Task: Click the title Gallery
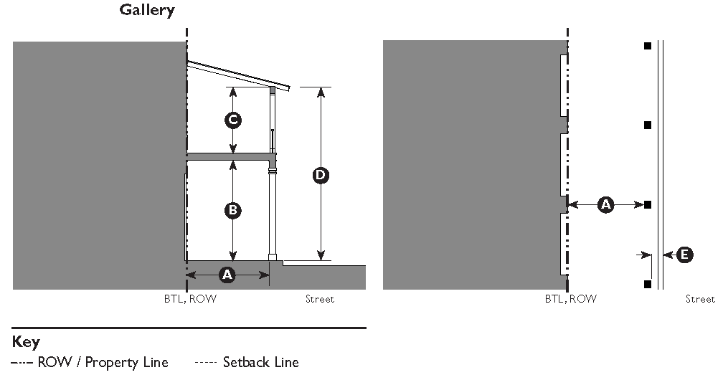[x=146, y=11]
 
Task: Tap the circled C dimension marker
[x=232, y=120]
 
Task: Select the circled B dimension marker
[x=232, y=210]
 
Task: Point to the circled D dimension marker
[x=321, y=174]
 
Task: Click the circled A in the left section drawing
[x=227, y=275]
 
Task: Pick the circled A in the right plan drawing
[x=606, y=205]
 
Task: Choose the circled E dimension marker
[x=685, y=255]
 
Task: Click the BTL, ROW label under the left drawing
[x=190, y=299]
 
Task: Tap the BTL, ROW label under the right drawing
[x=570, y=299]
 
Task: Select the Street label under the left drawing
[x=319, y=299]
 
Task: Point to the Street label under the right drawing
[x=700, y=299]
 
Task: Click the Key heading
[x=25, y=342]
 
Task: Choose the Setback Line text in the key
[x=260, y=362]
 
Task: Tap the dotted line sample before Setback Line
[x=205, y=363]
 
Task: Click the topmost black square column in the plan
[x=647, y=46]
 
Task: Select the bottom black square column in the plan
[x=647, y=285]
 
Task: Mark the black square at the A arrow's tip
[x=647, y=205]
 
